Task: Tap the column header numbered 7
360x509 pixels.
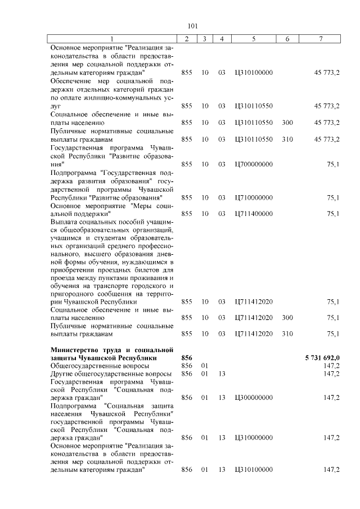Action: [321, 38]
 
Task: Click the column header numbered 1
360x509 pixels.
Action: [112, 38]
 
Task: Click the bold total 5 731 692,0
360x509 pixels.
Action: [322, 358]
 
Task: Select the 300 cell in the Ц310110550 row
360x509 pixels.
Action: [287, 122]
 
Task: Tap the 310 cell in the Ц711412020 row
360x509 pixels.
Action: [287, 334]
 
